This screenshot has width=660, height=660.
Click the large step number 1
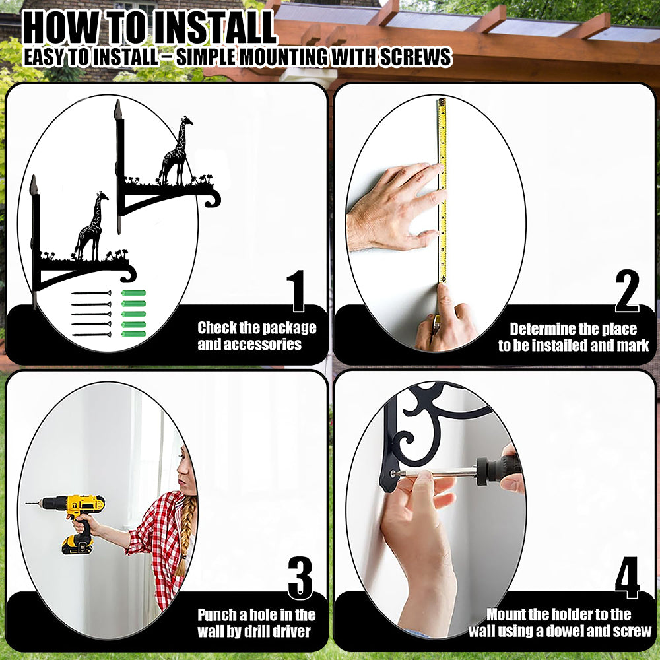pyautogui.click(x=297, y=290)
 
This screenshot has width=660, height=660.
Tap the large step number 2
pyautogui.click(x=627, y=290)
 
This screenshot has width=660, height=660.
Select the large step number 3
pyautogui.click(x=300, y=577)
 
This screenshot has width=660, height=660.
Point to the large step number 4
pyautogui.click(x=627, y=577)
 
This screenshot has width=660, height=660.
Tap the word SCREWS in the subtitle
pyautogui.click(x=416, y=57)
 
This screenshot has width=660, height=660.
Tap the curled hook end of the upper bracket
pyautogui.click(x=213, y=198)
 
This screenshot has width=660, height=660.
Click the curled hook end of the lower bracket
pyautogui.click(x=129, y=274)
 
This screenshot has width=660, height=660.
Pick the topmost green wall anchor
pyautogui.click(x=133, y=293)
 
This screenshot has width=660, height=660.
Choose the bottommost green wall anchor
pyautogui.click(x=133, y=334)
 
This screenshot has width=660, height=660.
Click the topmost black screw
pyautogui.click(x=91, y=293)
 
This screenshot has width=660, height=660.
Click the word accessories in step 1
pyautogui.click(x=249, y=345)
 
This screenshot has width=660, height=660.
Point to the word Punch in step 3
pyautogui.click(x=216, y=615)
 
